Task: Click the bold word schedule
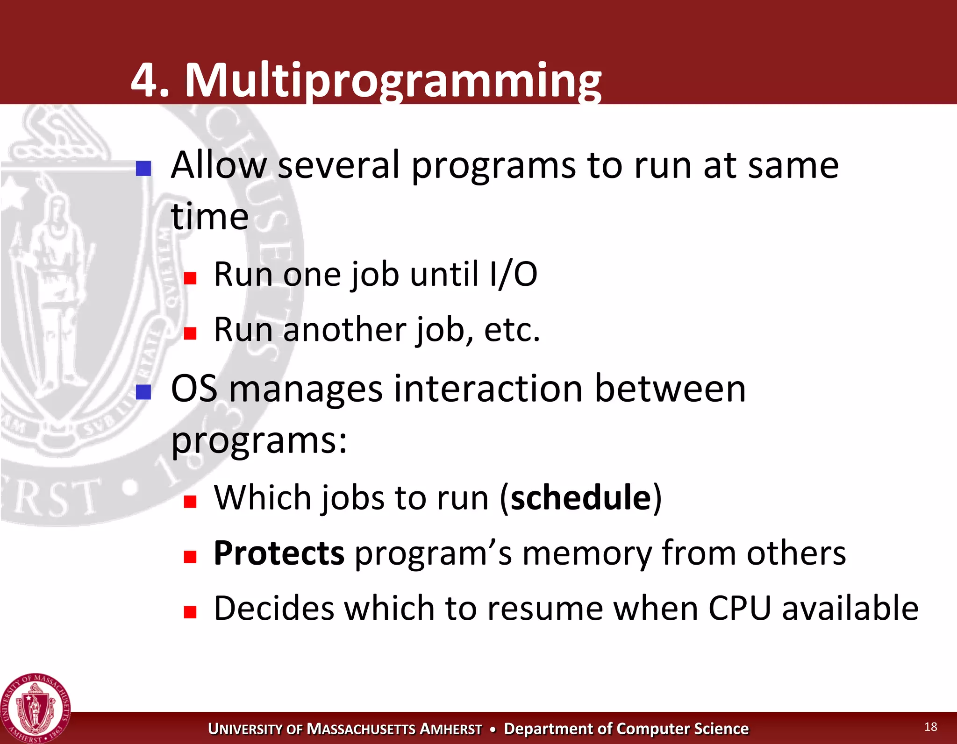pyautogui.click(x=581, y=498)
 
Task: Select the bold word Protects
pyautogui.click(x=279, y=553)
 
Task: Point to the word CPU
pyautogui.click(x=739, y=609)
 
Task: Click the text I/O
pyautogui.click(x=513, y=275)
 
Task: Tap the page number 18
pyautogui.click(x=930, y=727)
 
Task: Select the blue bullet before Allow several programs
pyautogui.click(x=143, y=169)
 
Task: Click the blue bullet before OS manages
pyautogui.click(x=143, y=392)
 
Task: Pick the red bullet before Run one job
pyautogui.click(x=190, y=278)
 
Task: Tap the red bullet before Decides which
pyautogui.click(x=190, y=612)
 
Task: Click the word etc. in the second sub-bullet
pyautogui.click(x=512, y=330)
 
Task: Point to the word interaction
pyautogui.click(x=488, y=389)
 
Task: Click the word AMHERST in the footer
pyautogui.click(x=450, y=729)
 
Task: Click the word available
pyautogui.click(x=850, y=609)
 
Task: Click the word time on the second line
pyautogui.click(x=209, y=217)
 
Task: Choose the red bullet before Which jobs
pyautogui.click(x=190, y=502)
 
